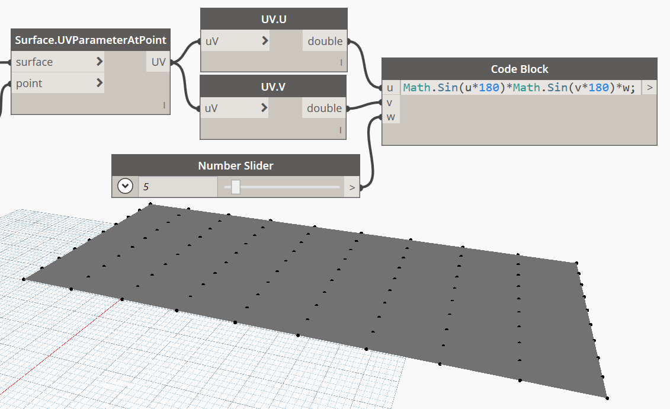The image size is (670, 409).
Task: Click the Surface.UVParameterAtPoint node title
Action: click(91, 40)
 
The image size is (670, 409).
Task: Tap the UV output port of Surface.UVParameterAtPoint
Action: click(158, 62)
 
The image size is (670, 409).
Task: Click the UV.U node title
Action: click(273, 18)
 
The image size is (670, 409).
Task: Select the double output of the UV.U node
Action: click(325, 41)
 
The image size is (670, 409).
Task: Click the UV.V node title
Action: click(273, 87)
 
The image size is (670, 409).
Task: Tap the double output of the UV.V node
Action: click(325, 108)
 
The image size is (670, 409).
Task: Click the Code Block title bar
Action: click(520, 69)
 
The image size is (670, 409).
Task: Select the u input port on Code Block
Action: click(390, 88)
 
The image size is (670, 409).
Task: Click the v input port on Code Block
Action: click(390, 103)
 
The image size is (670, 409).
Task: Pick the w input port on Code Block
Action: click(390, 117)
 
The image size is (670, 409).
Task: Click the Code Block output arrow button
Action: click(650, 88)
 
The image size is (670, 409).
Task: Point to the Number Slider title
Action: click(236, 165)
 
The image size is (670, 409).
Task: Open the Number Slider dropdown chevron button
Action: click(125, 187)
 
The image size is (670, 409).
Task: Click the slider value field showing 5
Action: click(178, 187)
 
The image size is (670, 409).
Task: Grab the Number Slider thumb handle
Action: click(236, 187)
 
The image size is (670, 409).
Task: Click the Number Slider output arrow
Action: click(352, 187)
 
